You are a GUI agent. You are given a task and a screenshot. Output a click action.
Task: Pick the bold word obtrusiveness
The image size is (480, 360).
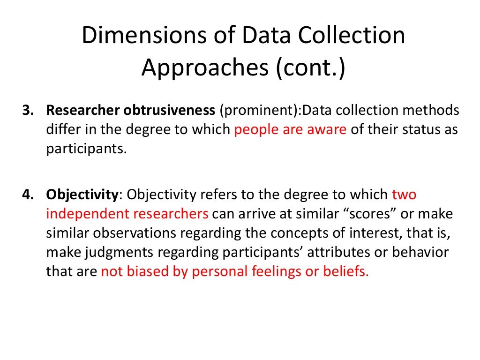coord(167,111)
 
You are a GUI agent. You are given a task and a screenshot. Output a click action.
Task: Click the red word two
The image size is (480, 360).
coord(404,194)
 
